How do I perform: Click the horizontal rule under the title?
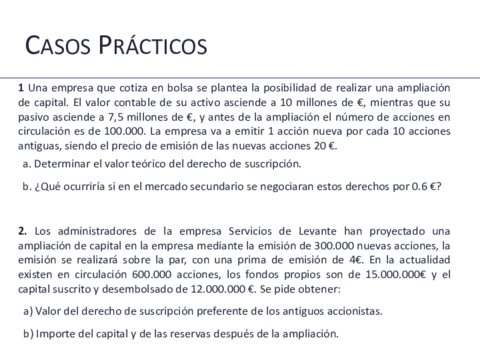[240, 77]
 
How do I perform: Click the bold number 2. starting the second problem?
[22, 232]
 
